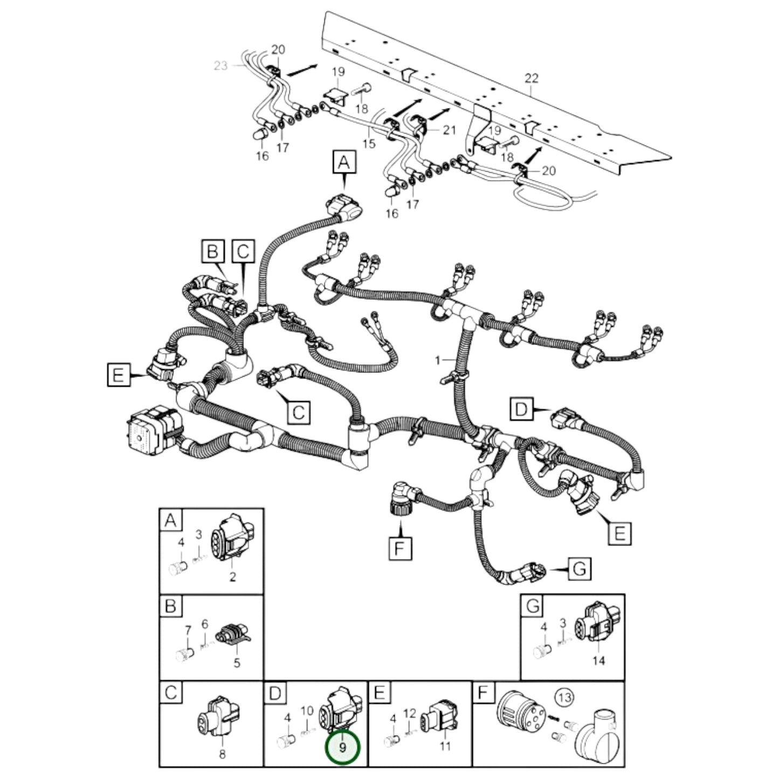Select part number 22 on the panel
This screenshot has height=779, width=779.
pos(532,78)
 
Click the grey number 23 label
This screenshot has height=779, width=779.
pos(220,66)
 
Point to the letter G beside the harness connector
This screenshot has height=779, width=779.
pos(579,569)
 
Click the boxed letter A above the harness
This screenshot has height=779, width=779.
pos(344,161)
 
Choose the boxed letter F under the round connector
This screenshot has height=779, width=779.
pos(399,549)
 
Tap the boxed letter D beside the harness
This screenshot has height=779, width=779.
pos(521,409)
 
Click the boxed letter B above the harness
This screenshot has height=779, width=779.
pos(213,251)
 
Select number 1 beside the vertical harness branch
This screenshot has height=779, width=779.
pos(438,360)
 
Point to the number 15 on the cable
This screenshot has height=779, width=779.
pos(369,144)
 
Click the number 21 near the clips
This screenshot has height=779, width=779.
pos(449,130)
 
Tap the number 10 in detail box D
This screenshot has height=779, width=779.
pos(307,711)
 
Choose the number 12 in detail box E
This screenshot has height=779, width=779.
pos(410,713)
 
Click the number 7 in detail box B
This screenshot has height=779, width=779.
pos(188,630)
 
